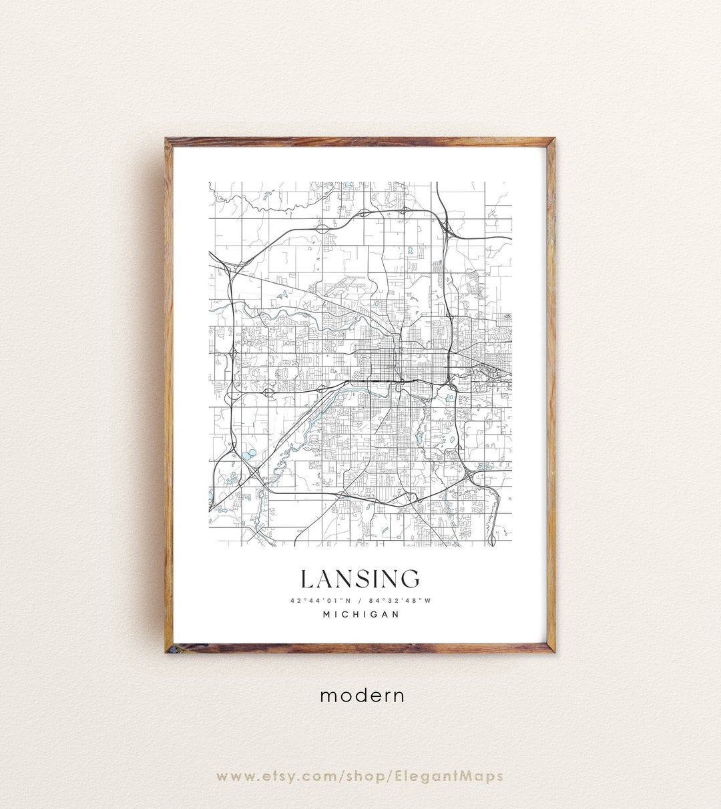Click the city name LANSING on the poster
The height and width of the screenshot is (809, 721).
tap(360, 579)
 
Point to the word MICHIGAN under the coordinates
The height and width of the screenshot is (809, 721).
tap(360, 615)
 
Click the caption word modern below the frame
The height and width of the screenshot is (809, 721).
tap(362, 695)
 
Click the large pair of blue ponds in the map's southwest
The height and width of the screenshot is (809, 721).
tap(248, 455)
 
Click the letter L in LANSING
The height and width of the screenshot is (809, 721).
tap(306, 579)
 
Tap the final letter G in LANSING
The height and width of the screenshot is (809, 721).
tap(411, 579)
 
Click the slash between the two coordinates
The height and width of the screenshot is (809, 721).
tap(360, 601)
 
